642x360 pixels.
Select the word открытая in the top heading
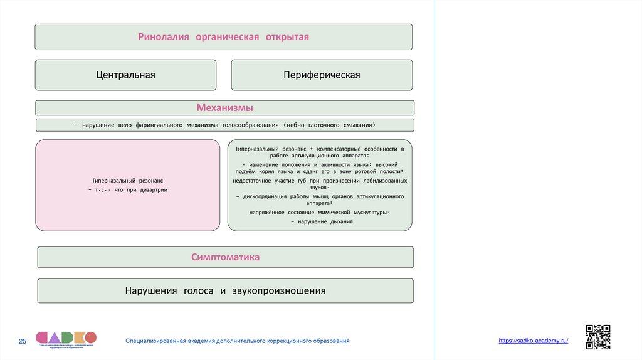tap(287, 37)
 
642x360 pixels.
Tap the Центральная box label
tap(125, 75)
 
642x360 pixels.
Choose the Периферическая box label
tap(322, 75)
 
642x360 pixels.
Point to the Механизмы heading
tap(224, 108)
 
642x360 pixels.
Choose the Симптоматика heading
tap(225, 257)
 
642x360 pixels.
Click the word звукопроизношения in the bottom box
tap(279, 291)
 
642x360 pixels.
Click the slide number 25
tap(23, 341)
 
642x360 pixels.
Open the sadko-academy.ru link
tap(534, 340)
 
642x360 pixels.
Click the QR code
tap(597, 337)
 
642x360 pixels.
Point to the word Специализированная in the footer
tap(156, 341)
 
